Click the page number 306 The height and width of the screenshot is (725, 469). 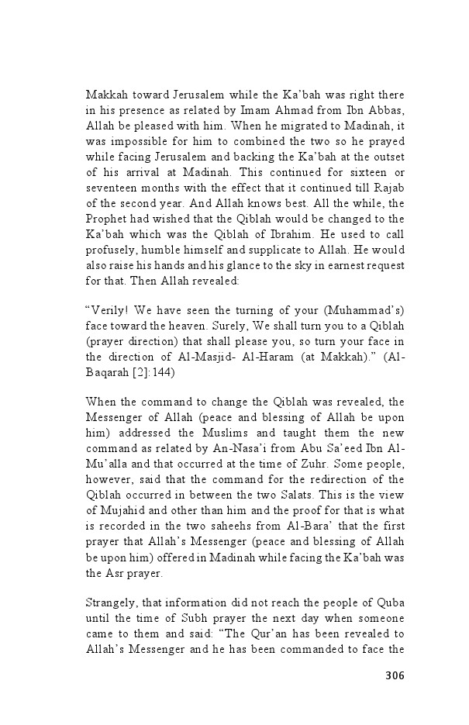tap(394, 675)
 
